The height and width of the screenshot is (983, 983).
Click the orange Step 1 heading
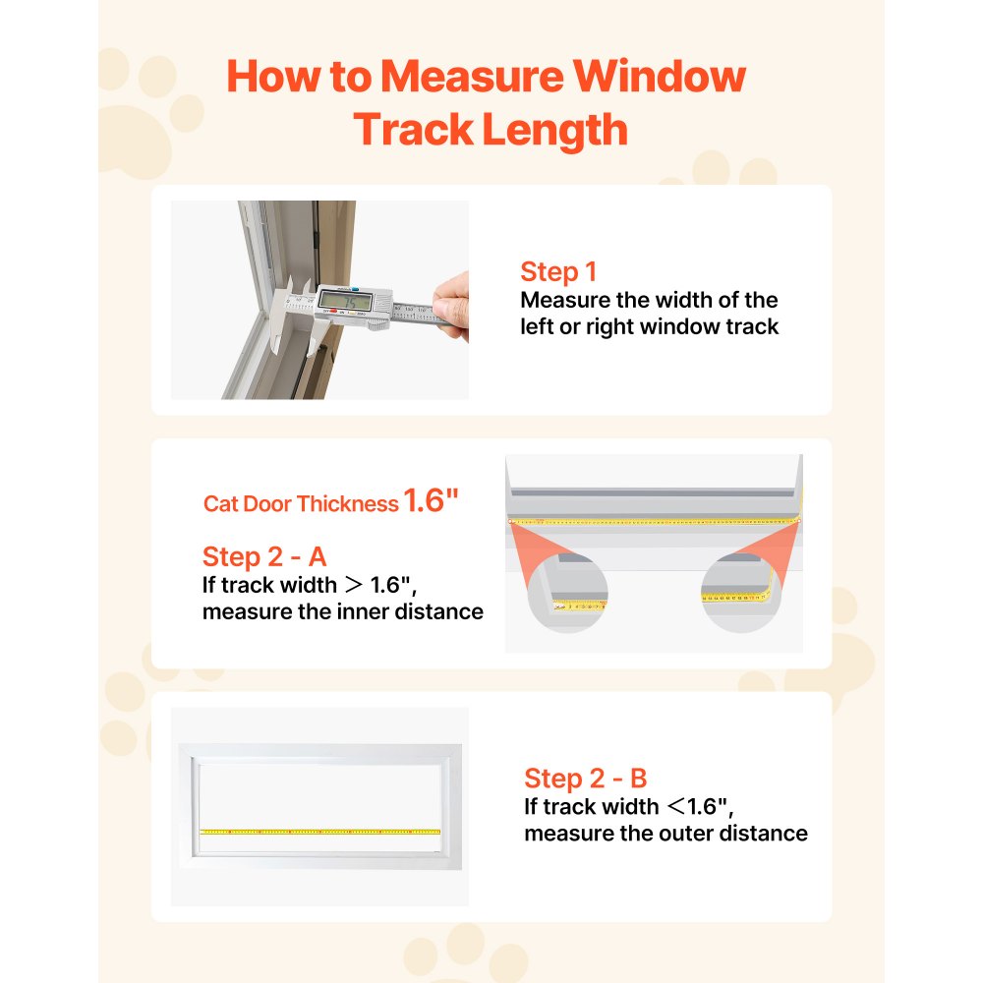point(558,272)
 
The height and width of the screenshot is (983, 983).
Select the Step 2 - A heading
point(264,557)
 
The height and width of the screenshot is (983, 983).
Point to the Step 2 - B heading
point(586,780)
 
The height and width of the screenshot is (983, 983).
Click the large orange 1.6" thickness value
point(431,502)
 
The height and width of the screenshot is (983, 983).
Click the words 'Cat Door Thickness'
point(301,504)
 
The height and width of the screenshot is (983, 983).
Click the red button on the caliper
point(334,313)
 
